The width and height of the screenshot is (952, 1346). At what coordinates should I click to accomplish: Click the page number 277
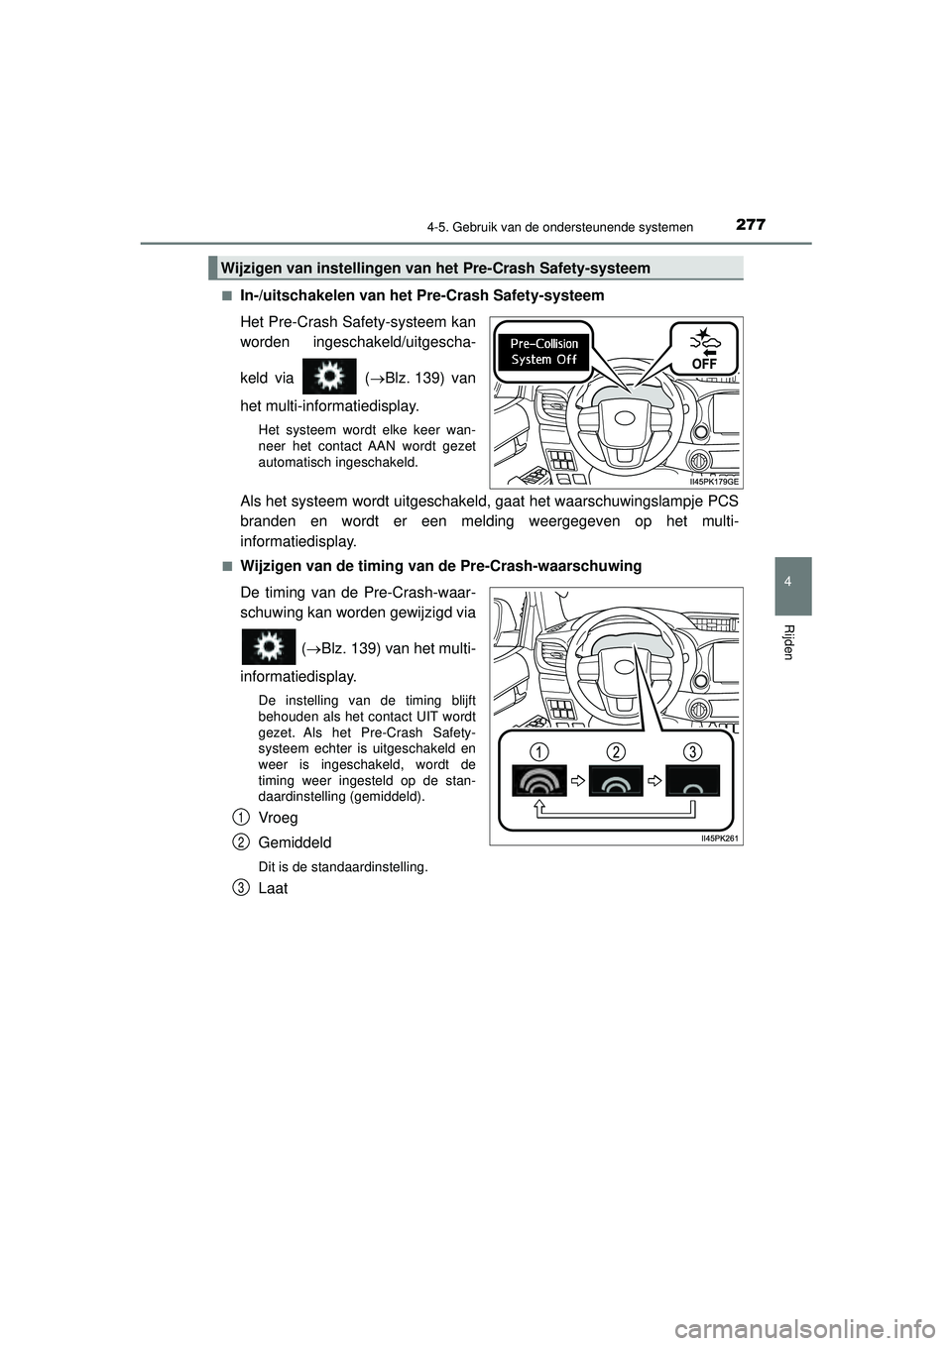[751, 225]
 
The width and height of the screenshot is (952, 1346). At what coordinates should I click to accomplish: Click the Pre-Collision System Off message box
[544, 352]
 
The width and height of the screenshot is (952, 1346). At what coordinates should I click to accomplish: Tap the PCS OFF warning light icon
[704, 349]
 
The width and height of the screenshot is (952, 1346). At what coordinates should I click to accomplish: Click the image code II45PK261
[721, 838]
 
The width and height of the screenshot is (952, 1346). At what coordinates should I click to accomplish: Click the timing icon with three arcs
[539, 780]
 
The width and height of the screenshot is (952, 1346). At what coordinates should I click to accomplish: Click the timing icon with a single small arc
[692, 780]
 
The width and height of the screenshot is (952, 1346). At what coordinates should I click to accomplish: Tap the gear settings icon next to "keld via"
[328, 378]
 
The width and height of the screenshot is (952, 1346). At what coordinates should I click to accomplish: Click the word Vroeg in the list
[278, 818]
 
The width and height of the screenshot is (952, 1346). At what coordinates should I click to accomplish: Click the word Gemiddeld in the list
[295, 841]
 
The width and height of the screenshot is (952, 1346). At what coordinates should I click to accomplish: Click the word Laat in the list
[273, 888]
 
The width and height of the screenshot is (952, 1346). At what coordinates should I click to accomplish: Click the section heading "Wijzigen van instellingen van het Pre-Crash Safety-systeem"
[436, 268]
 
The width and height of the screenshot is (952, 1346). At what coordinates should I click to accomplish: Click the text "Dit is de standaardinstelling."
[343, 866]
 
